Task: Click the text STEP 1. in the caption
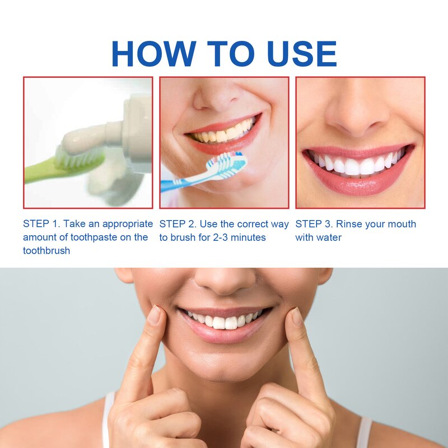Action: coord(43,224)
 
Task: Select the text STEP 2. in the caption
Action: coord(179,224)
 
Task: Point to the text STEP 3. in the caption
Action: coord(315,224)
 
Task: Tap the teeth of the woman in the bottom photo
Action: coord(224,321)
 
